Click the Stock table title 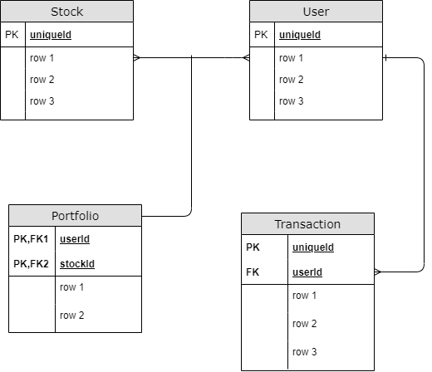click(x=66, y=12)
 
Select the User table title click(x=316, y=12)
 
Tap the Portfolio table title click(x=75, y=215)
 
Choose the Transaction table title click(x=307, y=224)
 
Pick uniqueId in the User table click(x=299, y=35)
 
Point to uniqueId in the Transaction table click(x=312, y=247)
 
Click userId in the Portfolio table click(x=75, y=239)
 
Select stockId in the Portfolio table click(x=76, y=263)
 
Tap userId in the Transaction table click(x=307, y=272)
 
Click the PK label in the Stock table click(x=12, y=35)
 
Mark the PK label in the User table click(x=261, y=35)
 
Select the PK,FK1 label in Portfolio click(x=31, y=239)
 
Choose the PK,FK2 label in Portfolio click(x=31, y=263)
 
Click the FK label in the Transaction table click(x=253, y=272)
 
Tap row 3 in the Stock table click(x=42, y=101)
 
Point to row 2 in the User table click(x=292, y=80)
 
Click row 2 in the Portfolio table click(x=72, y=316)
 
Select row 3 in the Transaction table click(x=305, y=351)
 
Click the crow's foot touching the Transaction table click(x=379, y=272)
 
